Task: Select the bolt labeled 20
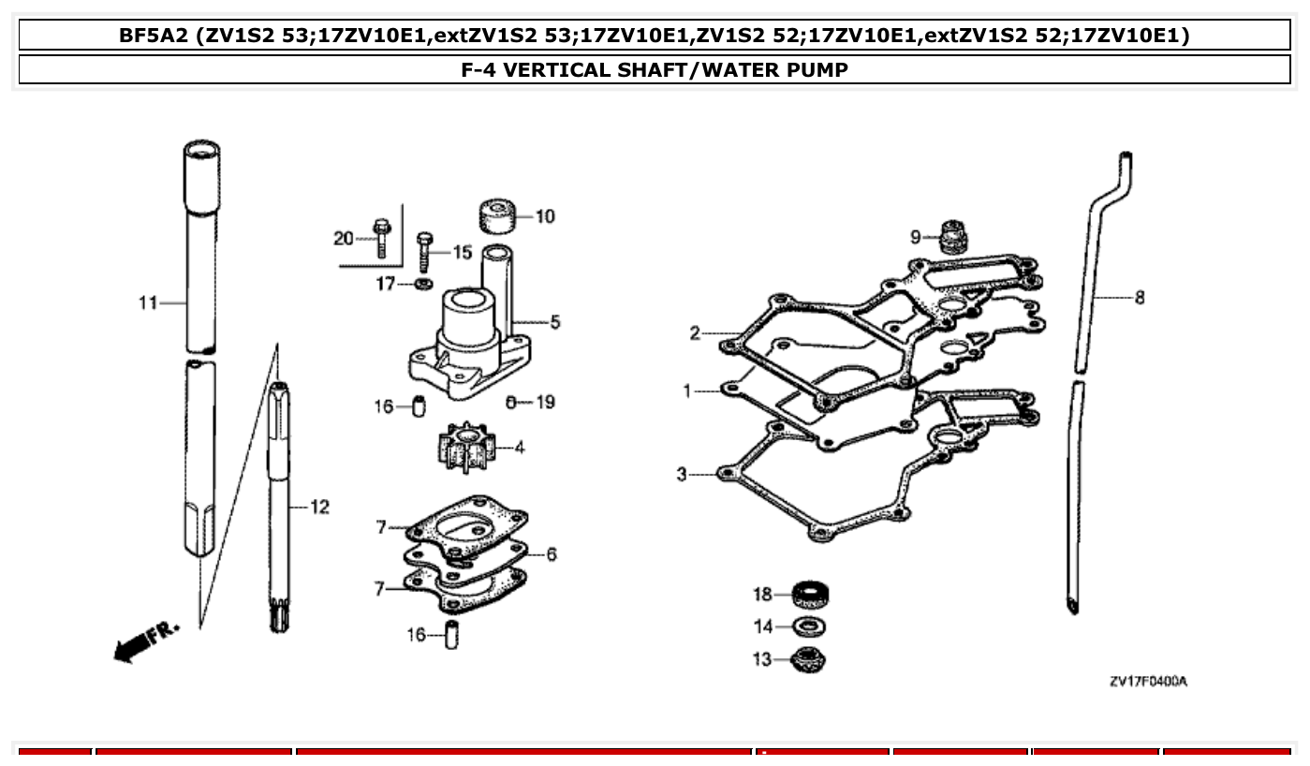point(381,238)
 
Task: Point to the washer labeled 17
point(423,284)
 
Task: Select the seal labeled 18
point(811,595)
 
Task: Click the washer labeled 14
point(811,626)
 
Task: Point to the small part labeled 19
point(511,402)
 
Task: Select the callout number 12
point(319,507)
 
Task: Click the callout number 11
point(148,302)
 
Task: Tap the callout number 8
point(1139,298)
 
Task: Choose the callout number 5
point(555,322)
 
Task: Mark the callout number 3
point(682,475)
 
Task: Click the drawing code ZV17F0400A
point(1148,682)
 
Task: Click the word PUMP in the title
point(817,69)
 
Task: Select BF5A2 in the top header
point(154,36)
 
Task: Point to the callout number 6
point(552,554)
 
